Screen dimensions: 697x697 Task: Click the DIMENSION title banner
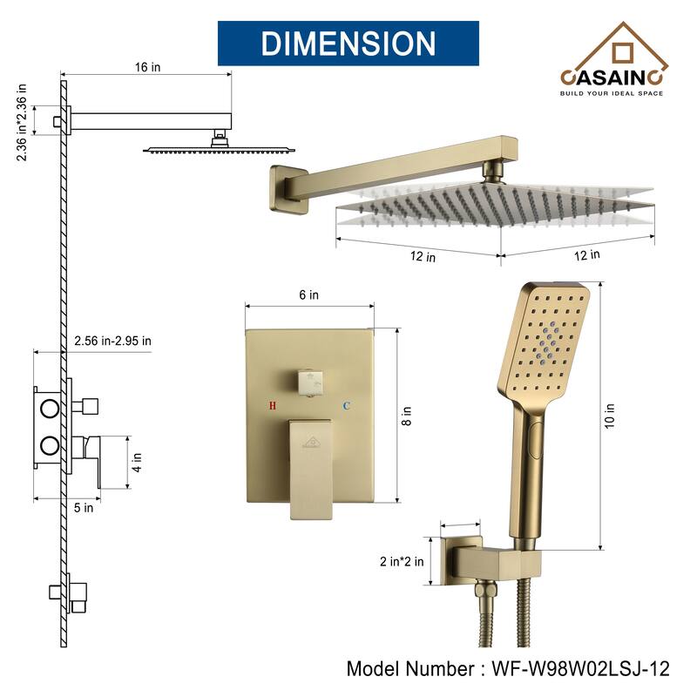tap(348, 43)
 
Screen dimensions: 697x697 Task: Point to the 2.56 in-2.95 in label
tap(112, 340)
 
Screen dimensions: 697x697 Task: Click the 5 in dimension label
tap(83, 508)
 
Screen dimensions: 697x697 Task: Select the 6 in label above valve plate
tap(308, 295)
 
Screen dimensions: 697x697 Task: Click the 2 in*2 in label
tap(402, 561)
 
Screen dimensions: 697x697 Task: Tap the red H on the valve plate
tap(273, 406)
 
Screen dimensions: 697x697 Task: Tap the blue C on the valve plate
tap(346, 406)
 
